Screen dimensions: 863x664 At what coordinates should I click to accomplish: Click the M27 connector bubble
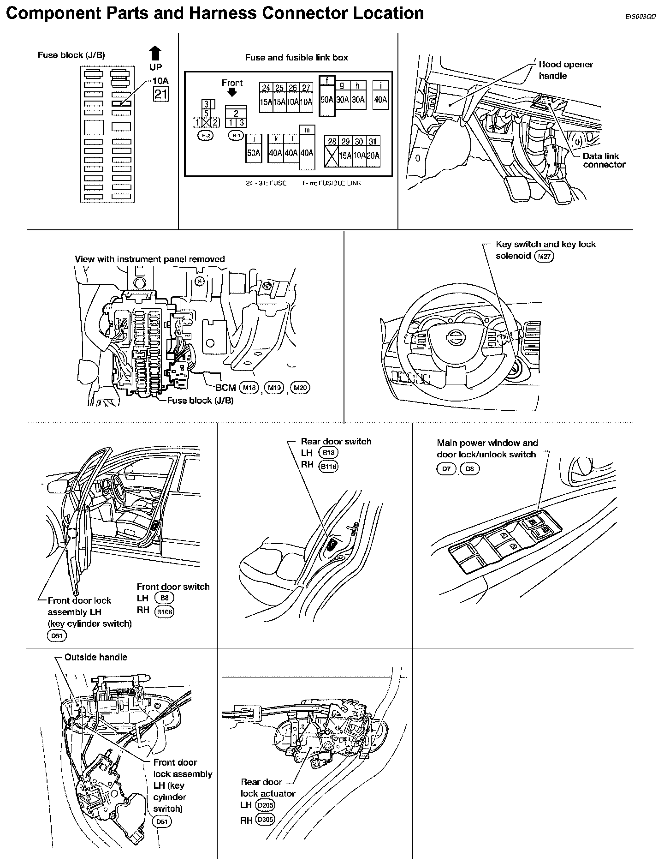544,257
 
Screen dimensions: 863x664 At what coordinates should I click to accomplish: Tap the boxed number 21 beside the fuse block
161,95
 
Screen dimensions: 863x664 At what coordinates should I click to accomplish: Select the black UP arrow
155,54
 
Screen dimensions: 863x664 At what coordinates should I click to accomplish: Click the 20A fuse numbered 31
373,156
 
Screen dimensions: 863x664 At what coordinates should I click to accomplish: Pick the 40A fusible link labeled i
380,99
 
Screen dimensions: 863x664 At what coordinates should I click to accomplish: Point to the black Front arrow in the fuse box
232,92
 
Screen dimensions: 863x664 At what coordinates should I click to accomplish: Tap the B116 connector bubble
328,466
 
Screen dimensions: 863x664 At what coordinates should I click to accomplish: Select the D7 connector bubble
446,469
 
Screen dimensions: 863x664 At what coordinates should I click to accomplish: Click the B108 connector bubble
165,611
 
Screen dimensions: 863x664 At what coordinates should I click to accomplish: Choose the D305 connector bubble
265,820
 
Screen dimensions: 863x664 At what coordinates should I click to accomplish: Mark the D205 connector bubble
265,805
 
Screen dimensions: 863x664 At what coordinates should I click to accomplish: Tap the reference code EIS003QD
640,17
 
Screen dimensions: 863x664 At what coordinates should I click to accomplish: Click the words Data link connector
604,160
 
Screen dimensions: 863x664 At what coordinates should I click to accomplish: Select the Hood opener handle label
565,70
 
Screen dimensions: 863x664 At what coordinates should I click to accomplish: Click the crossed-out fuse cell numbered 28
332,156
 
